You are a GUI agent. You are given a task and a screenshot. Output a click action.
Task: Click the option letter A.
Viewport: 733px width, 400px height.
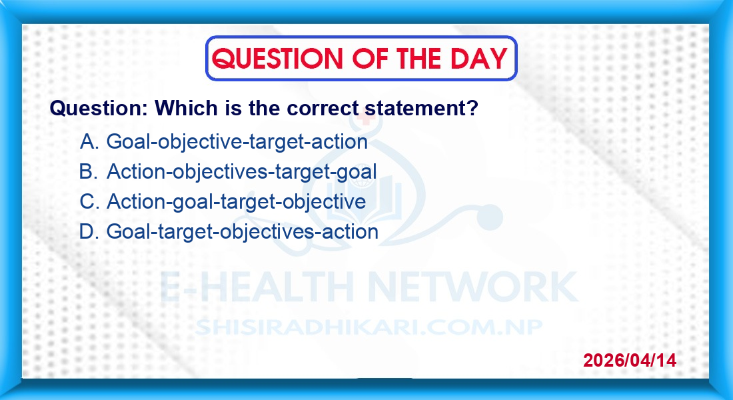coord(89,141)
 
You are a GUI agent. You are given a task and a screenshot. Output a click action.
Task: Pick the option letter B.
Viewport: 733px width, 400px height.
coord(89,171)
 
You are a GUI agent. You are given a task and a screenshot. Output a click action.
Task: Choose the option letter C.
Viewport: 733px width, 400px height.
coord(89,201)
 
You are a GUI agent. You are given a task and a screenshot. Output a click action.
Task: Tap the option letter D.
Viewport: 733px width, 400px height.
coord(89,231)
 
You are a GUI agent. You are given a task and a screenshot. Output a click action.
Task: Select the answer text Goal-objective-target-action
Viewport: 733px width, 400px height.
coord(237,142)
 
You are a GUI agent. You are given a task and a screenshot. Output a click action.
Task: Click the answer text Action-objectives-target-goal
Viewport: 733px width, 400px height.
coord(242,172)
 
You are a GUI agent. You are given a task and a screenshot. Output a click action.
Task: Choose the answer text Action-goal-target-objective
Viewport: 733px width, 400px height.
coord(237,202)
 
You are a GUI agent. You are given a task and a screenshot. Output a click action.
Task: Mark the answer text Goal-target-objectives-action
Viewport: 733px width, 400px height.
coord(243,232)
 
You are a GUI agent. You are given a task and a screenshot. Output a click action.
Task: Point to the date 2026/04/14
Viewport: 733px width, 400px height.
coord(630,360)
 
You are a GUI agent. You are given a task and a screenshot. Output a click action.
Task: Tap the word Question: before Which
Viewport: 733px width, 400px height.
coord(99,108)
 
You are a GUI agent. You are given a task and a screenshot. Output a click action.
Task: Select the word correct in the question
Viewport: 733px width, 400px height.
coord(323,108)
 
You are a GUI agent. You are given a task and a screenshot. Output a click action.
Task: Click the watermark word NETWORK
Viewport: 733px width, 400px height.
coord(472,287)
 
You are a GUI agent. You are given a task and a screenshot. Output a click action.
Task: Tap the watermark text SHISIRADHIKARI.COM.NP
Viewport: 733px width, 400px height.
coord(369,327)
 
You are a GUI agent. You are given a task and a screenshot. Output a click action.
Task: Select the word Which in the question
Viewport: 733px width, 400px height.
coord(186,108)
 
